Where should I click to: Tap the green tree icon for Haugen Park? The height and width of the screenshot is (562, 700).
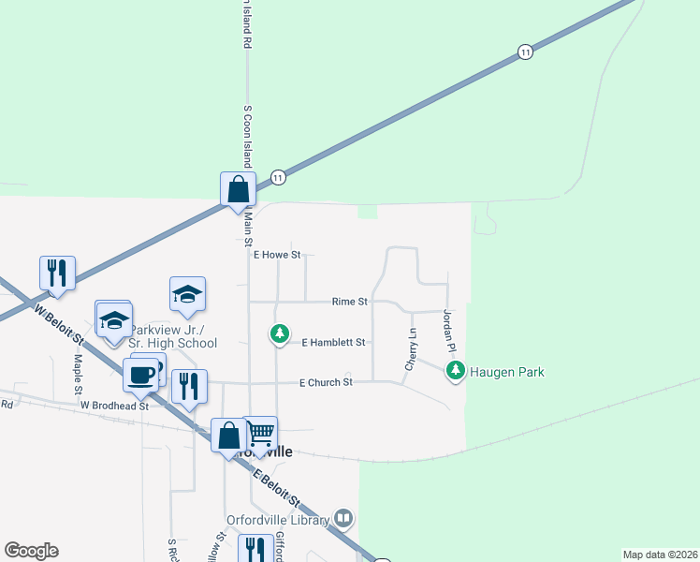456,371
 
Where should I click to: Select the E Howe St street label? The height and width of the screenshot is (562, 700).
276,255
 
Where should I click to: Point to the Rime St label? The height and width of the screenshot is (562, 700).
350,302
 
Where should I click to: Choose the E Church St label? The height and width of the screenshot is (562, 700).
326,382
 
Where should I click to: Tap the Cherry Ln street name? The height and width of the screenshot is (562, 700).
410,348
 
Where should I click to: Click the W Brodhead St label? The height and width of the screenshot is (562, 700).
114,406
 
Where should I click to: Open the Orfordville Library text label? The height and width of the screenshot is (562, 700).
278,520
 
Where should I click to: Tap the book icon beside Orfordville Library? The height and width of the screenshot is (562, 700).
343,519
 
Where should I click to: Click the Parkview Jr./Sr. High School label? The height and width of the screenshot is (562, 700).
173,336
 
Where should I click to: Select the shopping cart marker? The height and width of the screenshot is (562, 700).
260,434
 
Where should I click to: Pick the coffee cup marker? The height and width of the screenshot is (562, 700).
140,376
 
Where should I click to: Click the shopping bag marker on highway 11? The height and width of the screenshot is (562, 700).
238,189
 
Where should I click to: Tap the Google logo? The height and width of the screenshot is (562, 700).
31,551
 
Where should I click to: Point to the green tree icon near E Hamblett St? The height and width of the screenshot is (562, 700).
278,333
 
